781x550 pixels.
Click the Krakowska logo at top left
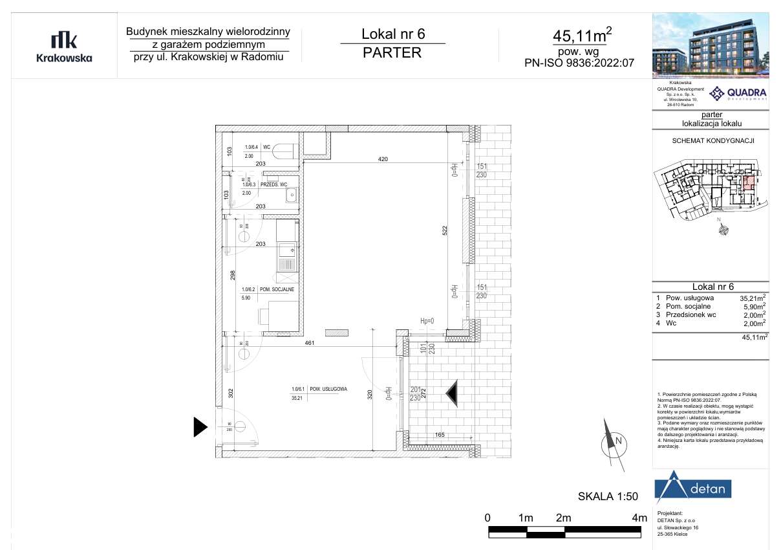[64, 47]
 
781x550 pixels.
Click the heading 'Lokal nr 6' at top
[392, 34]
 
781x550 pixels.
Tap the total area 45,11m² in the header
[582, 34]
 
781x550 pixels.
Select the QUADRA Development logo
[738, 94]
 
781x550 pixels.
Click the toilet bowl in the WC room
[284, 151]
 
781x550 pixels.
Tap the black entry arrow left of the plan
[200, 426]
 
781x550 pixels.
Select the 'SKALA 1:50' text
[607, 497]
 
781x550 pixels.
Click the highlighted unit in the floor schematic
[749, 182]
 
